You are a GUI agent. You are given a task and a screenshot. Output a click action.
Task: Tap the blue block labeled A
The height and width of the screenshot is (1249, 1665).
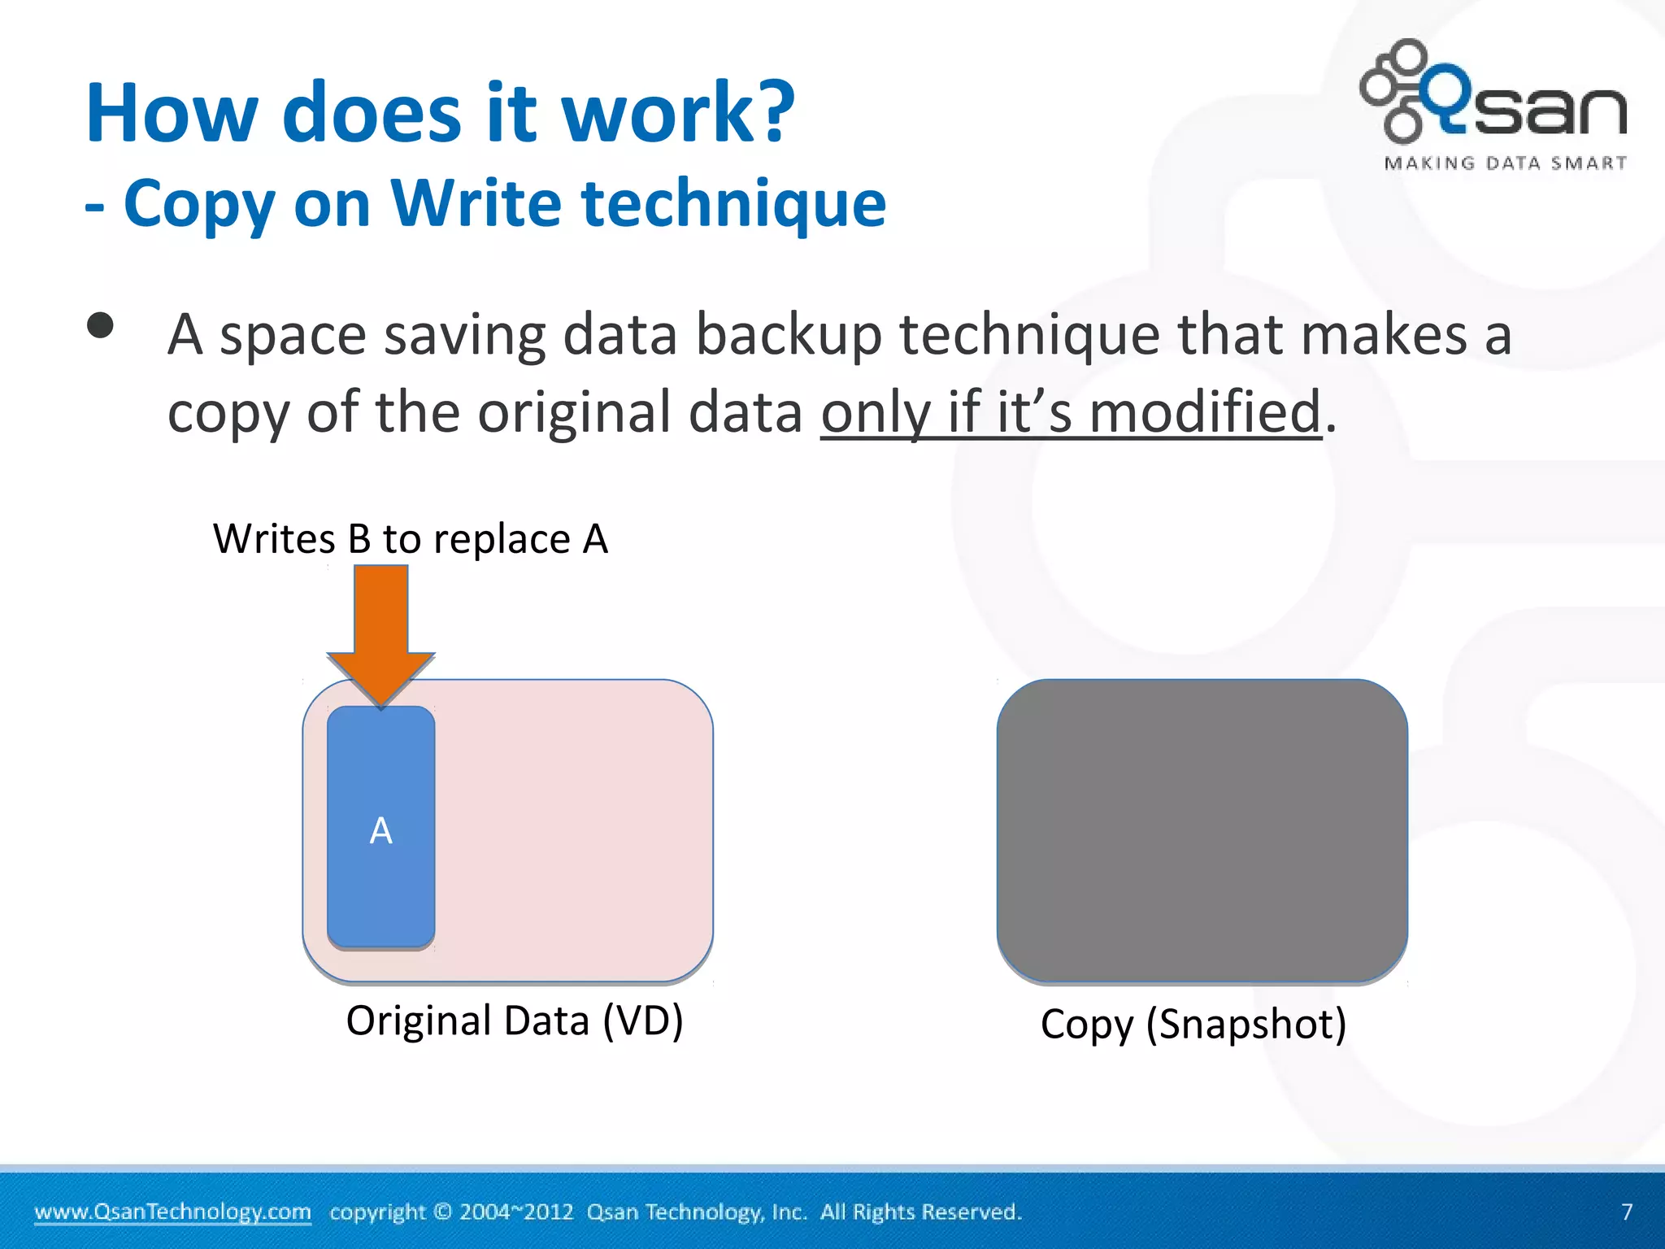(380, 828)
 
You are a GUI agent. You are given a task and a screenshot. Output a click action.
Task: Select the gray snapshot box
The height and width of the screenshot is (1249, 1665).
(1202, 831)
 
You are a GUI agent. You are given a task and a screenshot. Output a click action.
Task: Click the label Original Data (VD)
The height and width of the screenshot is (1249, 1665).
(514, 1021)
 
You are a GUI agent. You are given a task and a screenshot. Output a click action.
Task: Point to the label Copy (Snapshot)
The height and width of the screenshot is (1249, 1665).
(1193, 1024)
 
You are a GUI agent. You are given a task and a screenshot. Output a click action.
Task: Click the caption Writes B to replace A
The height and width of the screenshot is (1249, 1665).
(411, 539)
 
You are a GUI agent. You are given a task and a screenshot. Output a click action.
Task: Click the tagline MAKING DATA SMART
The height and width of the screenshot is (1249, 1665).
(1505, 163)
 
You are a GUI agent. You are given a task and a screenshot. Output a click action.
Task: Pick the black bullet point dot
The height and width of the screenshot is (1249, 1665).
(101, 326)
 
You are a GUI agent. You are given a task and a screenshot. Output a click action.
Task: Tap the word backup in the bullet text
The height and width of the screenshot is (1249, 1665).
(789, 334)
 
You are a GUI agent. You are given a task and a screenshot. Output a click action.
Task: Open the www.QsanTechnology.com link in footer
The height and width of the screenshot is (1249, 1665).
(172, 1212)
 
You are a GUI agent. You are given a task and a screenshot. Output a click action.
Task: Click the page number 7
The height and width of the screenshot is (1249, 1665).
(1627, 1212)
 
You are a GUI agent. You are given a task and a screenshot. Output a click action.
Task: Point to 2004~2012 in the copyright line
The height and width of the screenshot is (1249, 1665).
(516, 1212)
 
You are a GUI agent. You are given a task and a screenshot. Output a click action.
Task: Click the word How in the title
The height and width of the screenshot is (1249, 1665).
(170, 113)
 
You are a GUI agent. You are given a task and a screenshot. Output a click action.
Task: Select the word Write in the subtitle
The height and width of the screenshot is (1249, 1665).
(476, 203)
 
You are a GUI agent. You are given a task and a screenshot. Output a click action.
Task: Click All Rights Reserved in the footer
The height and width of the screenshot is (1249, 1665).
(920, 1212)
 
